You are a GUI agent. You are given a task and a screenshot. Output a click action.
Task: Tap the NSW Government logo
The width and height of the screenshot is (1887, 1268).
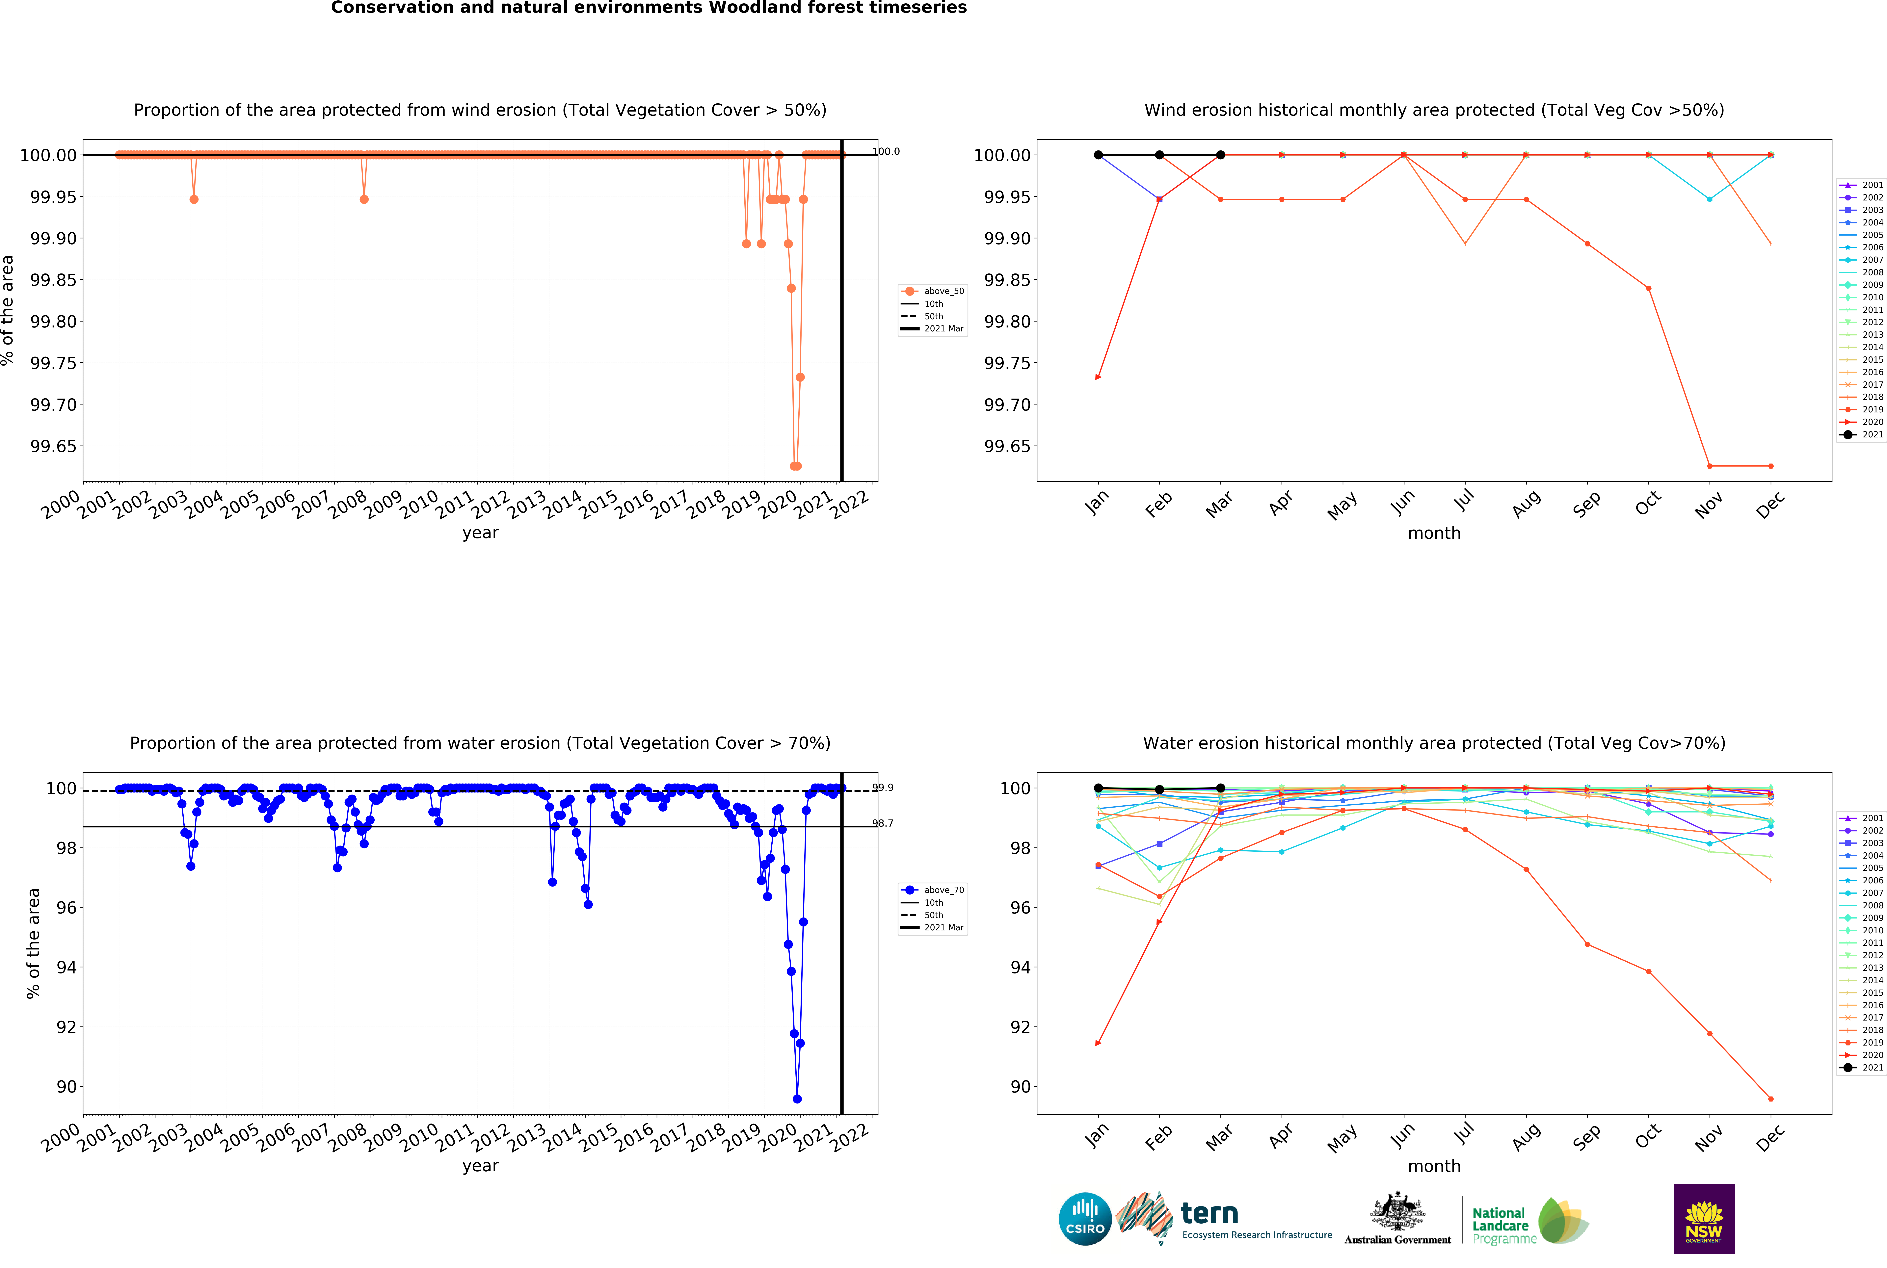coord(1703,1219)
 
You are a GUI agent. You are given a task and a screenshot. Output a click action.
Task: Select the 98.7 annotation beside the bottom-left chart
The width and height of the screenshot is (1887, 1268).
coord(882,823)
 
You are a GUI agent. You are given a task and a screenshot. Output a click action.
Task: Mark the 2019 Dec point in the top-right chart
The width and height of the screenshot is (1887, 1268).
coord(1770,466)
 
